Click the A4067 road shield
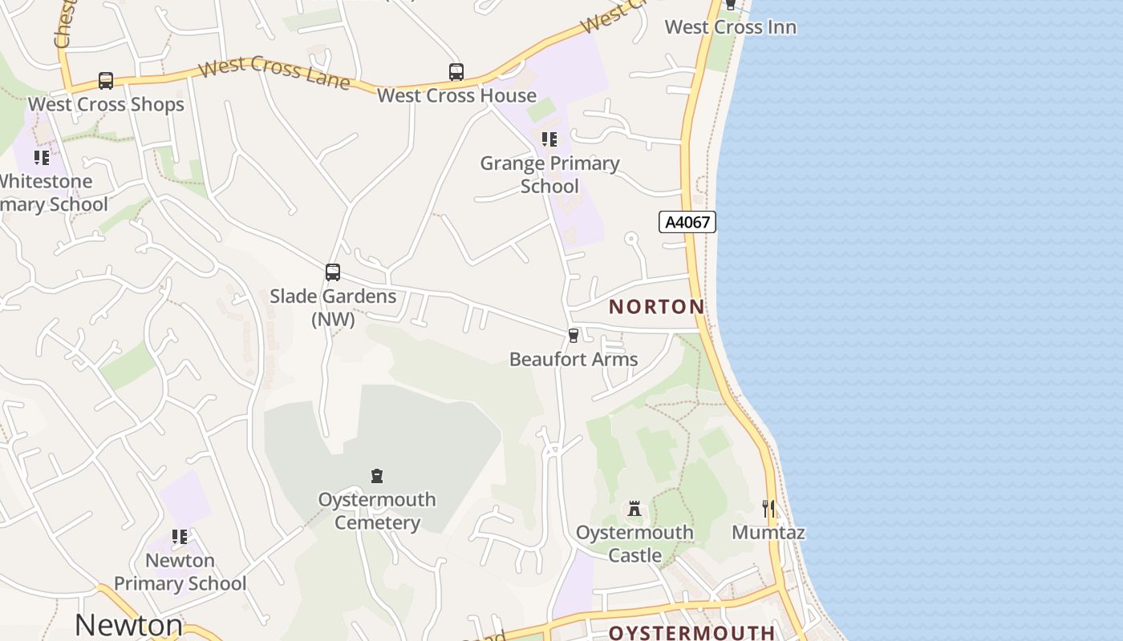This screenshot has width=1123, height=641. click(687, 222)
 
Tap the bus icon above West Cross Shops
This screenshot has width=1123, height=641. click(106, 80)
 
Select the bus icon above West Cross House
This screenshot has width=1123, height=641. click(456, 72)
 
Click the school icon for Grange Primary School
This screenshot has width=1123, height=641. click(549, 139)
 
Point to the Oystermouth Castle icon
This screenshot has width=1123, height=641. click(634, 509)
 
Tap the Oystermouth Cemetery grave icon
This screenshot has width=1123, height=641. click(377, 476)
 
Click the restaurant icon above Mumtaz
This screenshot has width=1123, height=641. click(768, 508)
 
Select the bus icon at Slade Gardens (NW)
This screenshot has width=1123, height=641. click(333, 272)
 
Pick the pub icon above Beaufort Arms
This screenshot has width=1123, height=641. click(574, 335)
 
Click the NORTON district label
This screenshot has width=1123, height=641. click(656, 306)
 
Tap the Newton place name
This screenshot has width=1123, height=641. click(129, 624)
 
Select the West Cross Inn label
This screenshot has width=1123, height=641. click(731, 27)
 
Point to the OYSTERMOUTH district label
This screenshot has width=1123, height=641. click(691, 632)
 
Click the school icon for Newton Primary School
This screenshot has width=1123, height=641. click(180, 537)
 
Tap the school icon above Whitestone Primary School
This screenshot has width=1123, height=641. click(42, 158)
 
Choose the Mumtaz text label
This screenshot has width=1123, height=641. click(768, 532)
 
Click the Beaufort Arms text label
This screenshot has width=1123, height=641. click(574, 359)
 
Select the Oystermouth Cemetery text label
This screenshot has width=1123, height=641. click(377, 511)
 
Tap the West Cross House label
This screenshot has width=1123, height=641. click(456, 95)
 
